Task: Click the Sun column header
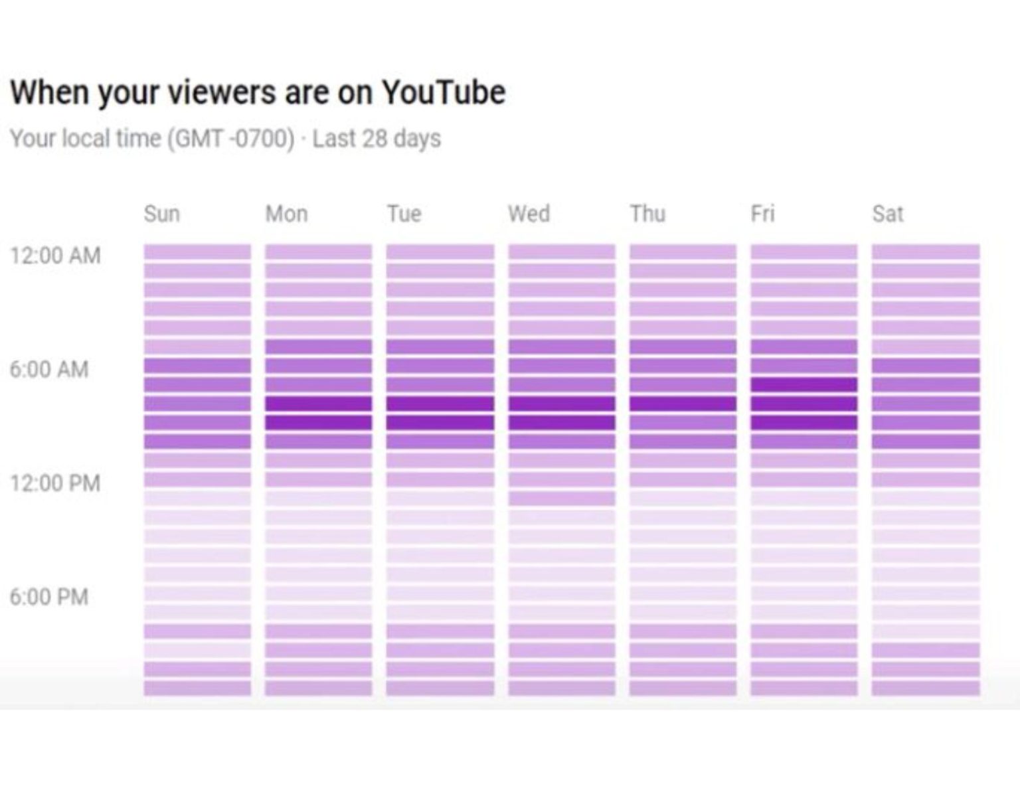(161, 214)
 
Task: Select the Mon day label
(286, 214)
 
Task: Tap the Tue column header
(404, 214)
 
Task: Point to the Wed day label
(529, 214)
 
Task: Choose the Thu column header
(647, 214)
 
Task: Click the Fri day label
(762, 214)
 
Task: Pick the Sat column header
(887, 214)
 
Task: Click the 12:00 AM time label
(55, 256)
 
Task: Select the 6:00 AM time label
(49, 369)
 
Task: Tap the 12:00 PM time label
(55, 483)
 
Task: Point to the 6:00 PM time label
(49, 597)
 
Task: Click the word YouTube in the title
(443, 92)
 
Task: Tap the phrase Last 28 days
(377, 139)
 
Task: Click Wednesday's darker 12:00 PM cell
(561, 499)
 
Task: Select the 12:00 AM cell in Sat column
(925, 252)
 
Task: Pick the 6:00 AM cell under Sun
(197, 366)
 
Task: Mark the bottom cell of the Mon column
(319, 688)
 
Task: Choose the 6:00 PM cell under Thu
(683, 593)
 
